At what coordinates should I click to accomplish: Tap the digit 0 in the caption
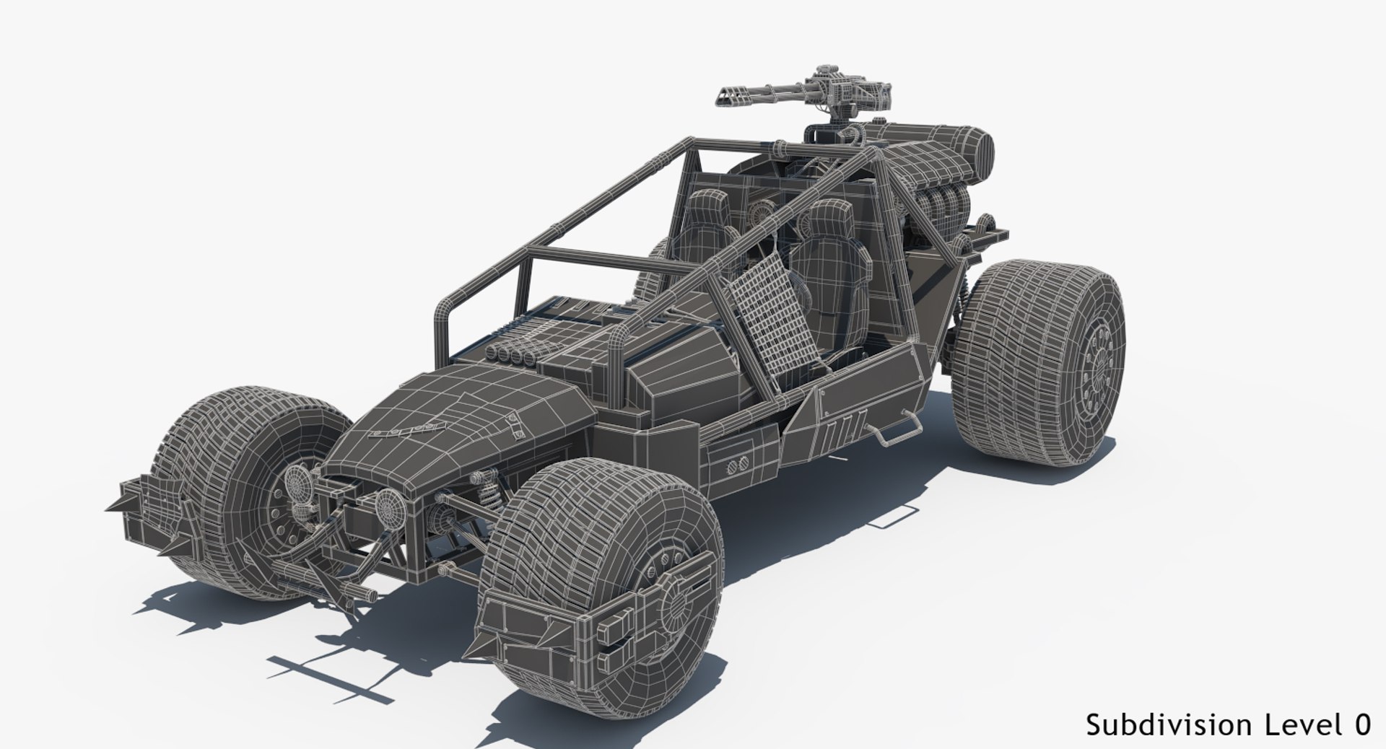pyautogui.click(x=1362, y=724)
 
